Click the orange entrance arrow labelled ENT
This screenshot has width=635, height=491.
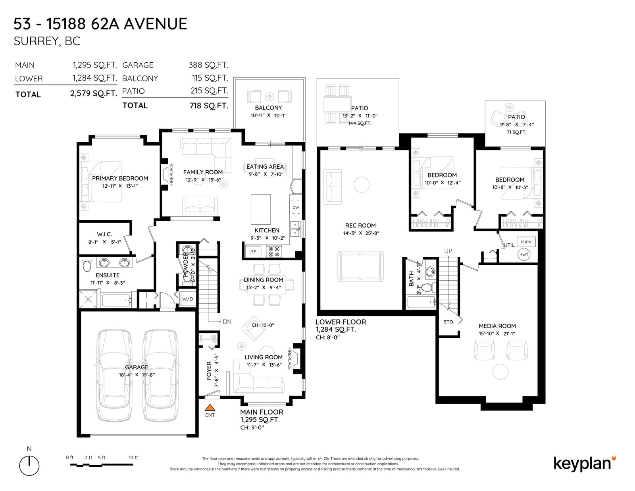pos(210,407)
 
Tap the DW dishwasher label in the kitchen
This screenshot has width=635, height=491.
pos(296,208)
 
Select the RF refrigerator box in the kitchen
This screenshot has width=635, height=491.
pos(253,251)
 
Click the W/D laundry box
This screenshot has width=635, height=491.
pos(188,299)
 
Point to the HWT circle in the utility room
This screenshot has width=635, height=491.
pos(523,254)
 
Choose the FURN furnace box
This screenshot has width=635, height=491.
pos(526,242)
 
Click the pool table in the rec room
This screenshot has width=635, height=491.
pos(360,266)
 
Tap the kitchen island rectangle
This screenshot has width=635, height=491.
pos(260,209)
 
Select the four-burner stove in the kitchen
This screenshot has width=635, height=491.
pos(274,252)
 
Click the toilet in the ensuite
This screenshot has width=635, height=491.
pos(87,264)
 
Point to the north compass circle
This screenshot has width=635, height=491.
pos(29,466)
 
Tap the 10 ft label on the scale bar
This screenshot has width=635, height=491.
pos(133,457)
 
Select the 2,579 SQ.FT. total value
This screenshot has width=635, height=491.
pos(94,94)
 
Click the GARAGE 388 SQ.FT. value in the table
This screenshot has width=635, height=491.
pos(208,65)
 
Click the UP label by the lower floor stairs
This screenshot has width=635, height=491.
pos(448,251)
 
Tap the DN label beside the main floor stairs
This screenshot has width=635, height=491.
pos(227,322)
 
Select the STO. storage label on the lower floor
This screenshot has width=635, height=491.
pos(449,322)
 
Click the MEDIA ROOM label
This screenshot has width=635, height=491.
pos(497,326)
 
